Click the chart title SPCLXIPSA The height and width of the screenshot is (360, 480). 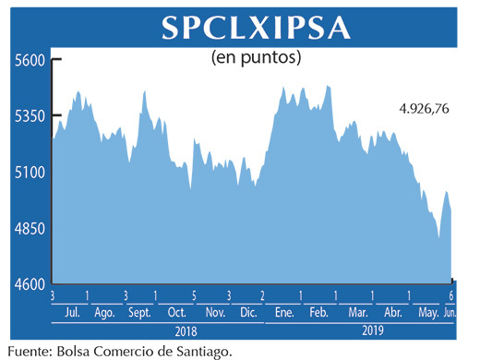tap(256, 28)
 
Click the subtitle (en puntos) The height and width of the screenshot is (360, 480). tap(258, 57)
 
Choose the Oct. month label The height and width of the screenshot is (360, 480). tap(176, 312)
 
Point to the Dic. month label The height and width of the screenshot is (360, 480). tap(246, 312)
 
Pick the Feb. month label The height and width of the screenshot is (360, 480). tap(318, 312)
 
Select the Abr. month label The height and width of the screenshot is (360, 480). tap(391, 312)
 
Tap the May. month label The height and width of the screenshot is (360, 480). tap(428, 312)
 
